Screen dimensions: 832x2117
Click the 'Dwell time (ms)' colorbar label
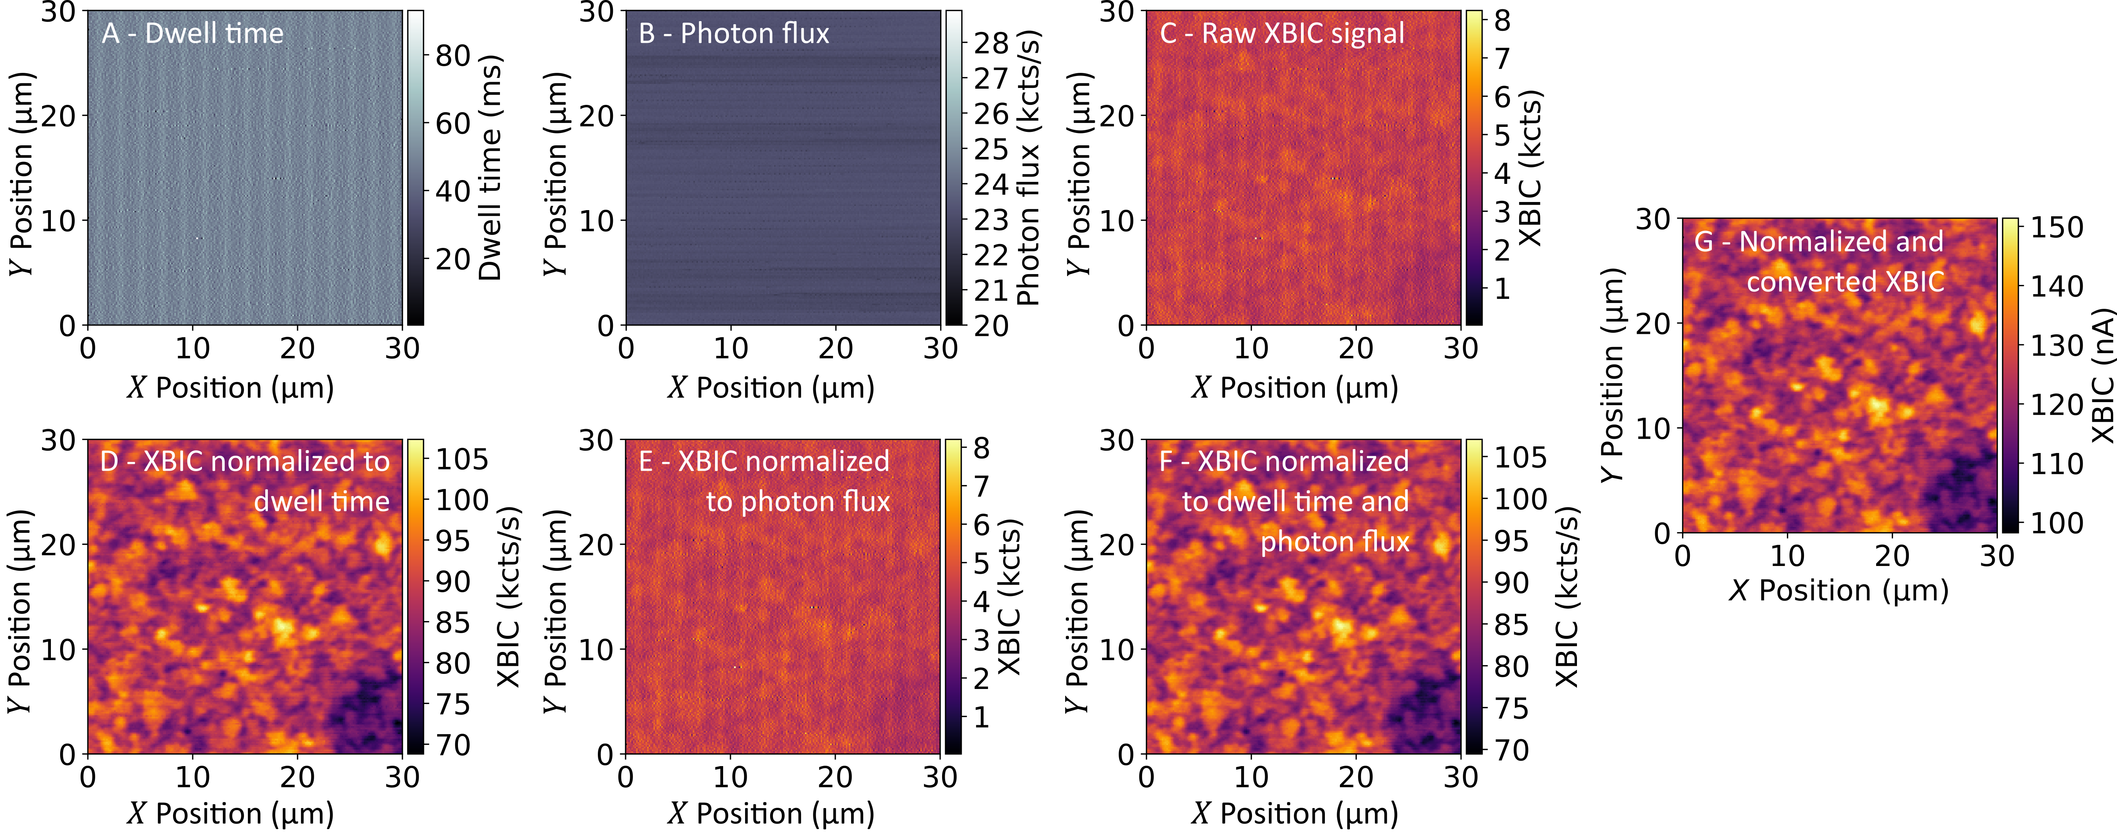(491, 168)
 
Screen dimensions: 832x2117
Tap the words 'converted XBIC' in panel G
(1845, 282)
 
